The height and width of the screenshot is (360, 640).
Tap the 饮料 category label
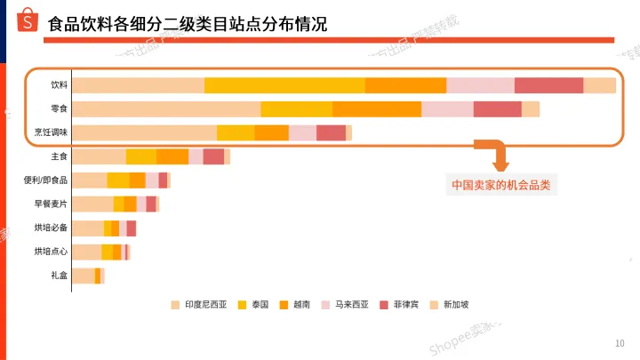click(59, 85)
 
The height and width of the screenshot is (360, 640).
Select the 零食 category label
click(59, 108)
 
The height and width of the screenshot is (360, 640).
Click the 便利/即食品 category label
click(45, 180)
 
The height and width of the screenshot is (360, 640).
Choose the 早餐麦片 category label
click(51, 204)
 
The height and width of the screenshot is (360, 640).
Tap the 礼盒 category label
click(59, 276)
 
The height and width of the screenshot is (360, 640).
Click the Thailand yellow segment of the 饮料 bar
click(284, 85)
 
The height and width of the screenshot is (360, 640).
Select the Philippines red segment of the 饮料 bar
click(548, 85)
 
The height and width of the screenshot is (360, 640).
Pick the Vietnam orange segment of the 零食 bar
click(377, 108)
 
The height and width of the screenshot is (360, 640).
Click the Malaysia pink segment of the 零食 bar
click(447, 108)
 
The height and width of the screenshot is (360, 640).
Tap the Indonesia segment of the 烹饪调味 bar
click(144, 132)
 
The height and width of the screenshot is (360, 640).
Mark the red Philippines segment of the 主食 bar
click(213, 156)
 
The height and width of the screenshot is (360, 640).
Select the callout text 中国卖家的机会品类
click(500, 186)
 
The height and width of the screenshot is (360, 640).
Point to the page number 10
click(620, 343)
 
